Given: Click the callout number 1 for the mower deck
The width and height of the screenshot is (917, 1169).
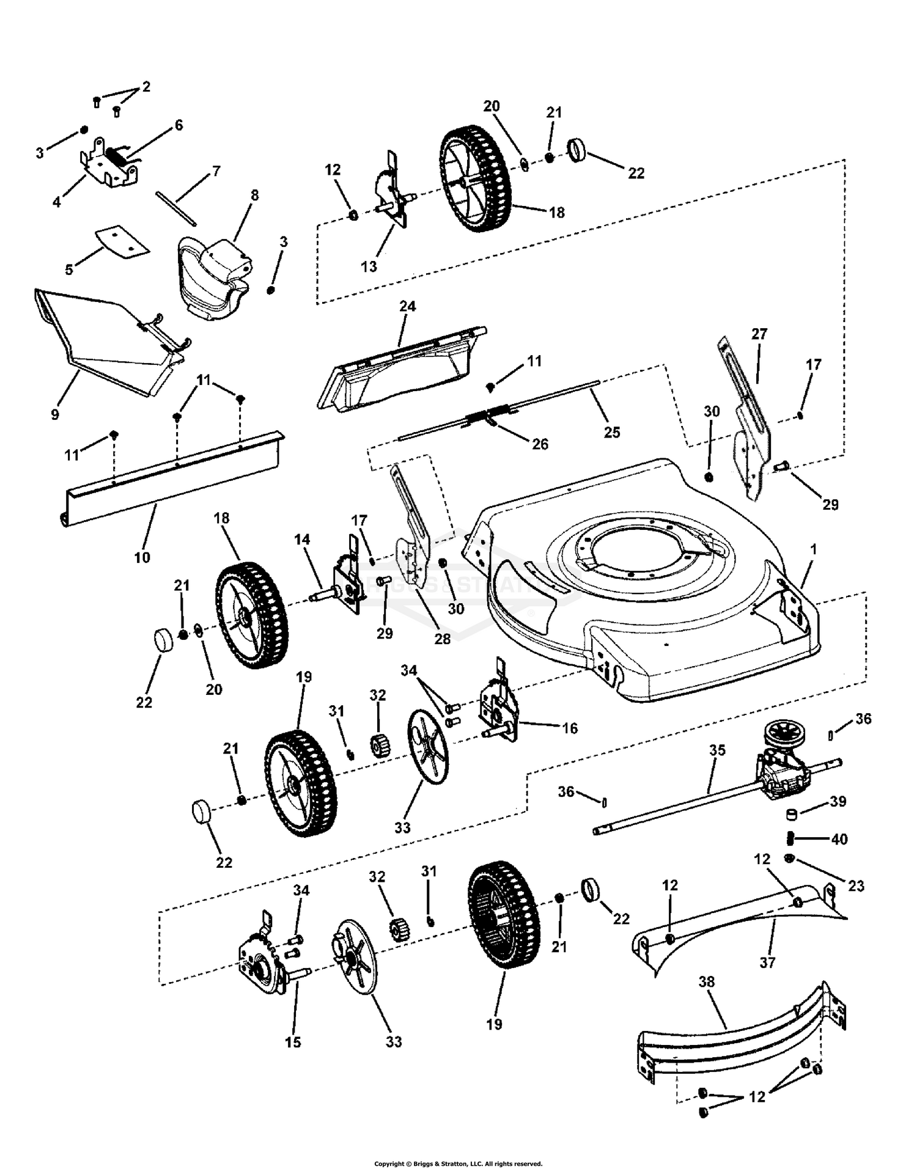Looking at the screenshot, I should point(813,549).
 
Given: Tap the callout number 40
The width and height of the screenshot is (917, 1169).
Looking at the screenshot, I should point(839,840).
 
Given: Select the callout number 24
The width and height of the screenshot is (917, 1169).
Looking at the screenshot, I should point(407,306).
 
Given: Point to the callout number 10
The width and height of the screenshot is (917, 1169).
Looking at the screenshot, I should point(142,557).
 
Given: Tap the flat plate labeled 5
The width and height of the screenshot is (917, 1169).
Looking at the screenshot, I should point(122,240).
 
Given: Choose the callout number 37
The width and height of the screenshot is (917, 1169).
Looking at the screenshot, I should point(767,962).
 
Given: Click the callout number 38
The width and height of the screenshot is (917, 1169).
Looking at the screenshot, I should point(706,981).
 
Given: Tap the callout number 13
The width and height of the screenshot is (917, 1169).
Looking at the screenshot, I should point(369,266).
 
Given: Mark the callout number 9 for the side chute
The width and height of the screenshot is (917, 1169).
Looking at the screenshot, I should point(55,414).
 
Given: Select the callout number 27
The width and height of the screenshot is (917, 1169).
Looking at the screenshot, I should point(759,334).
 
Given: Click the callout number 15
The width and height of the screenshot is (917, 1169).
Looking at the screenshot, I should point(293,1042).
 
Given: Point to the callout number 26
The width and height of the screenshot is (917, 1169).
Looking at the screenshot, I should point(540,444).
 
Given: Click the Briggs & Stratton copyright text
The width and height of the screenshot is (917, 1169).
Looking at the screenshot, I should point(458,1164).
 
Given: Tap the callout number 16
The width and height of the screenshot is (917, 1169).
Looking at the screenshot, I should point(569,728).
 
